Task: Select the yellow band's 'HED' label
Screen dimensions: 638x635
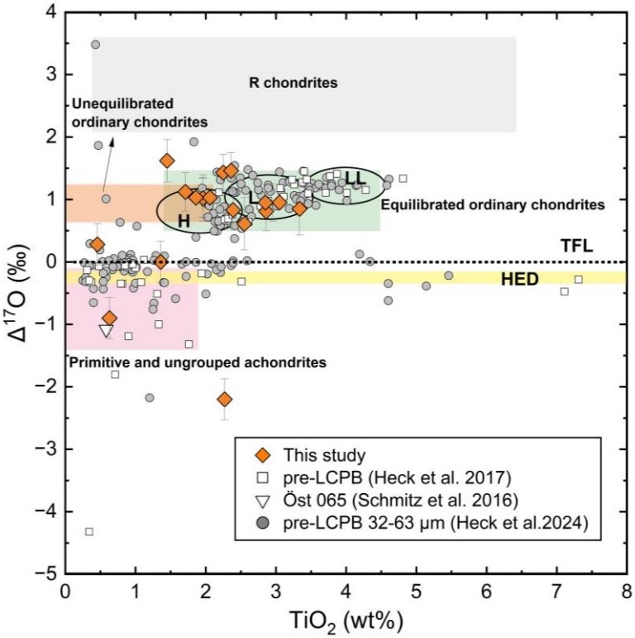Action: pyautogui.click(x=519, y=279)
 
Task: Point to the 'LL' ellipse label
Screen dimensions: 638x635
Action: pyautogui.click(x=356, y=177)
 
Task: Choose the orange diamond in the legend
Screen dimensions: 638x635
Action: pyautogui.click(x=264, y=453)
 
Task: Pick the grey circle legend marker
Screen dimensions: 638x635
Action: pyautogui.click(x=264, y=521)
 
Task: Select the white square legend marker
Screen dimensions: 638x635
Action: pyautogui.click(x=264, y=477)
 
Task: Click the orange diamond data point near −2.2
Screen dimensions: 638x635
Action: pyautogui.click(x=224, y=400)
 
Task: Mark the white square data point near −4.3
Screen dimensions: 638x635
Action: pyautogui.click(x=88, y=531)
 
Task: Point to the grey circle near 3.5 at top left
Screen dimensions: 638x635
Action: pyautogui.click(x=95, y=45)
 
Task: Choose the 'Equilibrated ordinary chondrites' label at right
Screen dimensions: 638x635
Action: pyautogui.click(x=493, y=203)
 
